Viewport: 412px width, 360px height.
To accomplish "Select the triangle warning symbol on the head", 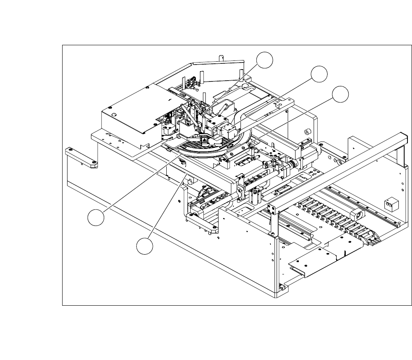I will click(x=203, y=141).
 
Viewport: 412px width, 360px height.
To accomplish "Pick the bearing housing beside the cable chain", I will click(x=358, y=215).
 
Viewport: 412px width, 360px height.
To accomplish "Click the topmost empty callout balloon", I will click(x=265, y=60).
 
